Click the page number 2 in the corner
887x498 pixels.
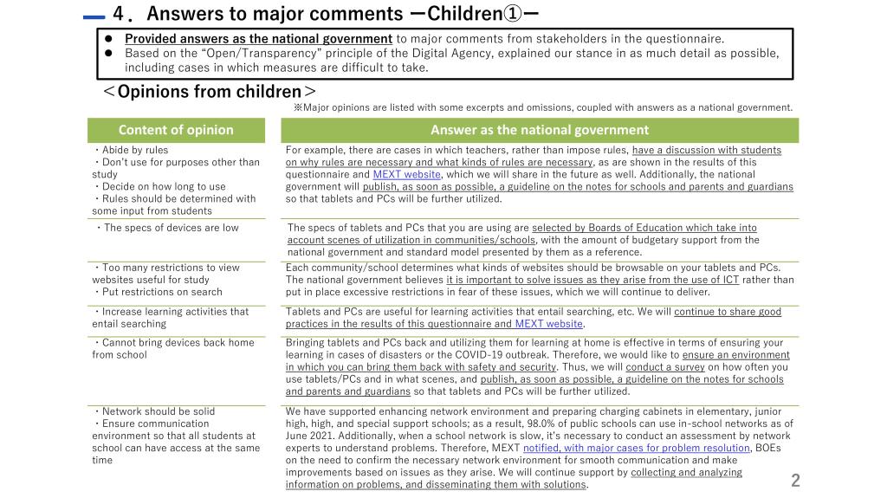click(x=795, y=481)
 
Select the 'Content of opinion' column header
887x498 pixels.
click(x=176, y=130)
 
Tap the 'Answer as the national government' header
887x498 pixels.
click(x=540, y=130)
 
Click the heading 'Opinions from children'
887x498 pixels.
click(x=209, y=92)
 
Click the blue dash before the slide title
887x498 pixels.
click(x=94, y=16)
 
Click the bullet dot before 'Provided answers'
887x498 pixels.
click(x=110, y=38)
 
